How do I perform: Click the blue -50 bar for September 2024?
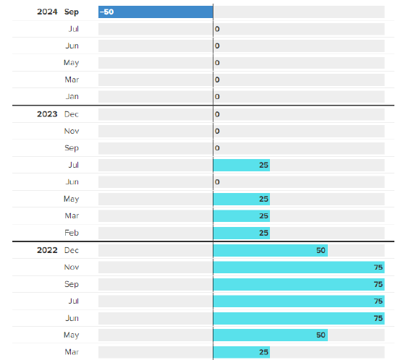click(156, 12)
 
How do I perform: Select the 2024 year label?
click(47, 12)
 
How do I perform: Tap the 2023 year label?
click(47, 114)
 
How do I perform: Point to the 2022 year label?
click(47, 250)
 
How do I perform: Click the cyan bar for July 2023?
click(242, 165)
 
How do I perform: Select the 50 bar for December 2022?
click(271, 250)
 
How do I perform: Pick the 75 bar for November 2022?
click(299, 267)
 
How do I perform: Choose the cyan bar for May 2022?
click(271, 335)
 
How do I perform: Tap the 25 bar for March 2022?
click(242, 352)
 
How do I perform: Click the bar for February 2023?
click(242, 233)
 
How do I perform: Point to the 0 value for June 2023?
click(217, 181)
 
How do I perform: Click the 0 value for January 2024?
click(217, 97)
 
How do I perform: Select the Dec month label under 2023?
click(72, 114)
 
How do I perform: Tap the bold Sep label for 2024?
click(72, 12)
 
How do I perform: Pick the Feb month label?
click(72, 233)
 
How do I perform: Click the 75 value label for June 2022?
click(378, 318)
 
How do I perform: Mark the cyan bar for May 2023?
click(242, 199)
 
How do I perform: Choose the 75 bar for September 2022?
click(299, 284)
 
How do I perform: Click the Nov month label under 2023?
click(72, 131)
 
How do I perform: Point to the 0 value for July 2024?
click(217, 29)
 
